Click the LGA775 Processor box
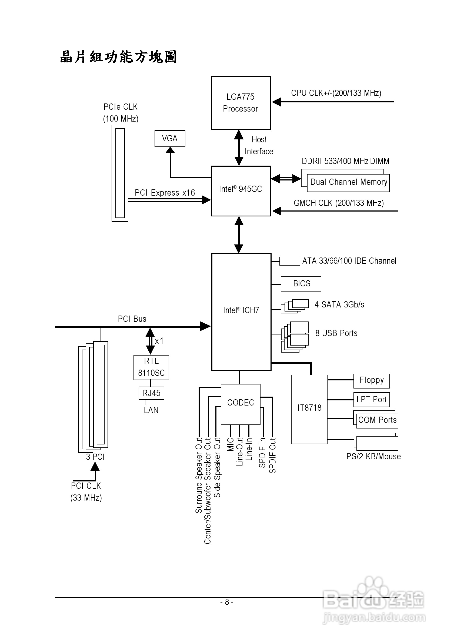tap(241, 103)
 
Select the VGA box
tap(170, 138)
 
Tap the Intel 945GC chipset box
tap(241, 191)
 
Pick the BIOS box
tap(301, 284)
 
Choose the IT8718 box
tap(309, 409)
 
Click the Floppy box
tap(371, 381)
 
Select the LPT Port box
tap(371, 400)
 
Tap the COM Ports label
tap(377, 420)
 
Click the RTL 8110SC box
tap(151, 367)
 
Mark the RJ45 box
tap(151, 393)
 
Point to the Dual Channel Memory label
tap(348, 182)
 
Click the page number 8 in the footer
tap(227, 602)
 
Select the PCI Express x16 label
tap(165, 193)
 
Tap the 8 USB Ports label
tap(336, 333)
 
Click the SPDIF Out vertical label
tap(272, 456)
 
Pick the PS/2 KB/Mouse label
tap(373, 457)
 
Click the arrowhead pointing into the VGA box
tap(170, 150)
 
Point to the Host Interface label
tap(259, 146)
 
